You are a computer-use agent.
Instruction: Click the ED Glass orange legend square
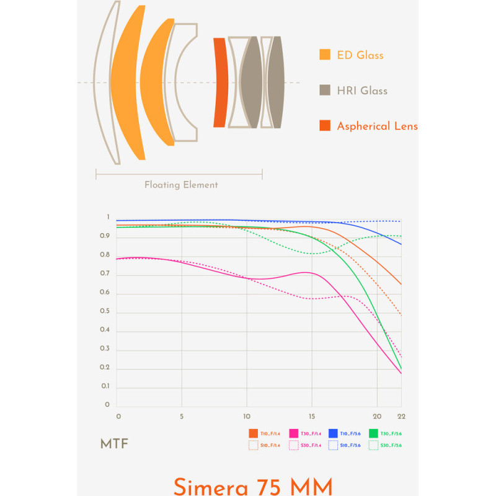click(325, 55)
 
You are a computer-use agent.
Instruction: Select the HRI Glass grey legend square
click(325, 91)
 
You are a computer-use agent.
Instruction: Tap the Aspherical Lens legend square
click(325, 126)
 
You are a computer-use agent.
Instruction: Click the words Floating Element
click(181, 185)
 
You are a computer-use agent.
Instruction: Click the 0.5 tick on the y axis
click(107, 311)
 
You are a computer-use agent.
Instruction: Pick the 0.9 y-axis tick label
click(107, 236)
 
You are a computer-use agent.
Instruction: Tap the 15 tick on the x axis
click(312, 416)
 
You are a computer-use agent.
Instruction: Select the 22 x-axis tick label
click(402, 416)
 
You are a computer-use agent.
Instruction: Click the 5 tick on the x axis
click(182, 416)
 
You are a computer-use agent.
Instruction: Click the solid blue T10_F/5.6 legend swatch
click(333, 433)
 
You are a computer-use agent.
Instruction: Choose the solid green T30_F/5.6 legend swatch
click(373, 433)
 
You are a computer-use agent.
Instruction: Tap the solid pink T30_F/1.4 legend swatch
click(294, 433)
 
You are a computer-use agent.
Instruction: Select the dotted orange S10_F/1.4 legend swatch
click(253, 445)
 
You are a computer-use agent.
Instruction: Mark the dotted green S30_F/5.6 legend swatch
click(373, 445)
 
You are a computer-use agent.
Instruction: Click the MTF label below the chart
click(114, 444)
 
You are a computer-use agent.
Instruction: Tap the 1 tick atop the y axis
click(108, 218)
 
